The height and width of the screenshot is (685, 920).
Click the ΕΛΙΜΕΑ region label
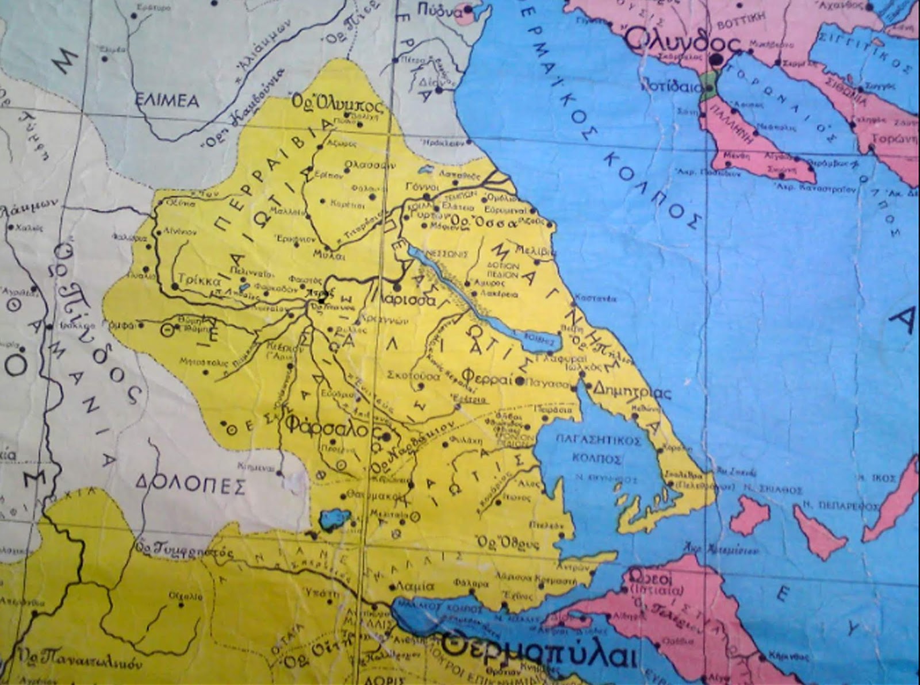pos(167,102)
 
